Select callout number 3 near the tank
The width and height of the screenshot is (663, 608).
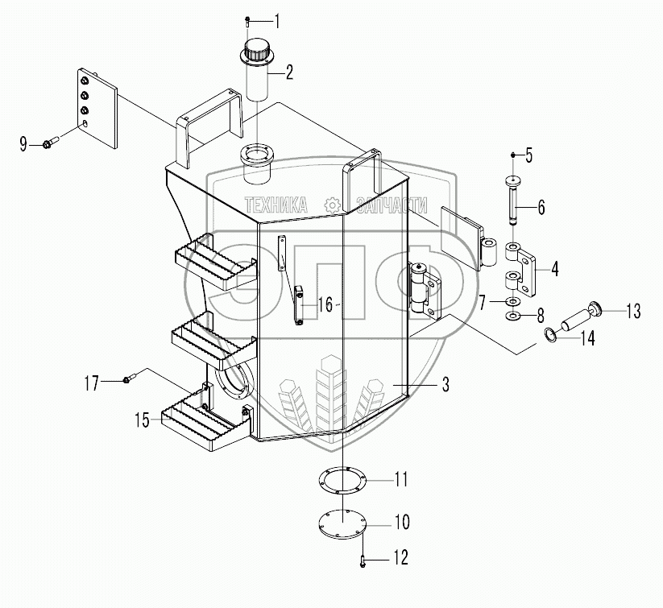click(x=444, y=384)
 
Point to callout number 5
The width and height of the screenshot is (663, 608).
click(x=530, y=153)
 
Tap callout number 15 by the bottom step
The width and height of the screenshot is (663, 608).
click(x=142, y=419)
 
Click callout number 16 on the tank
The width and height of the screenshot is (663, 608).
click(x=325, y=304)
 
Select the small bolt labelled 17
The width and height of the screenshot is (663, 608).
click(x=127, y=379)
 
